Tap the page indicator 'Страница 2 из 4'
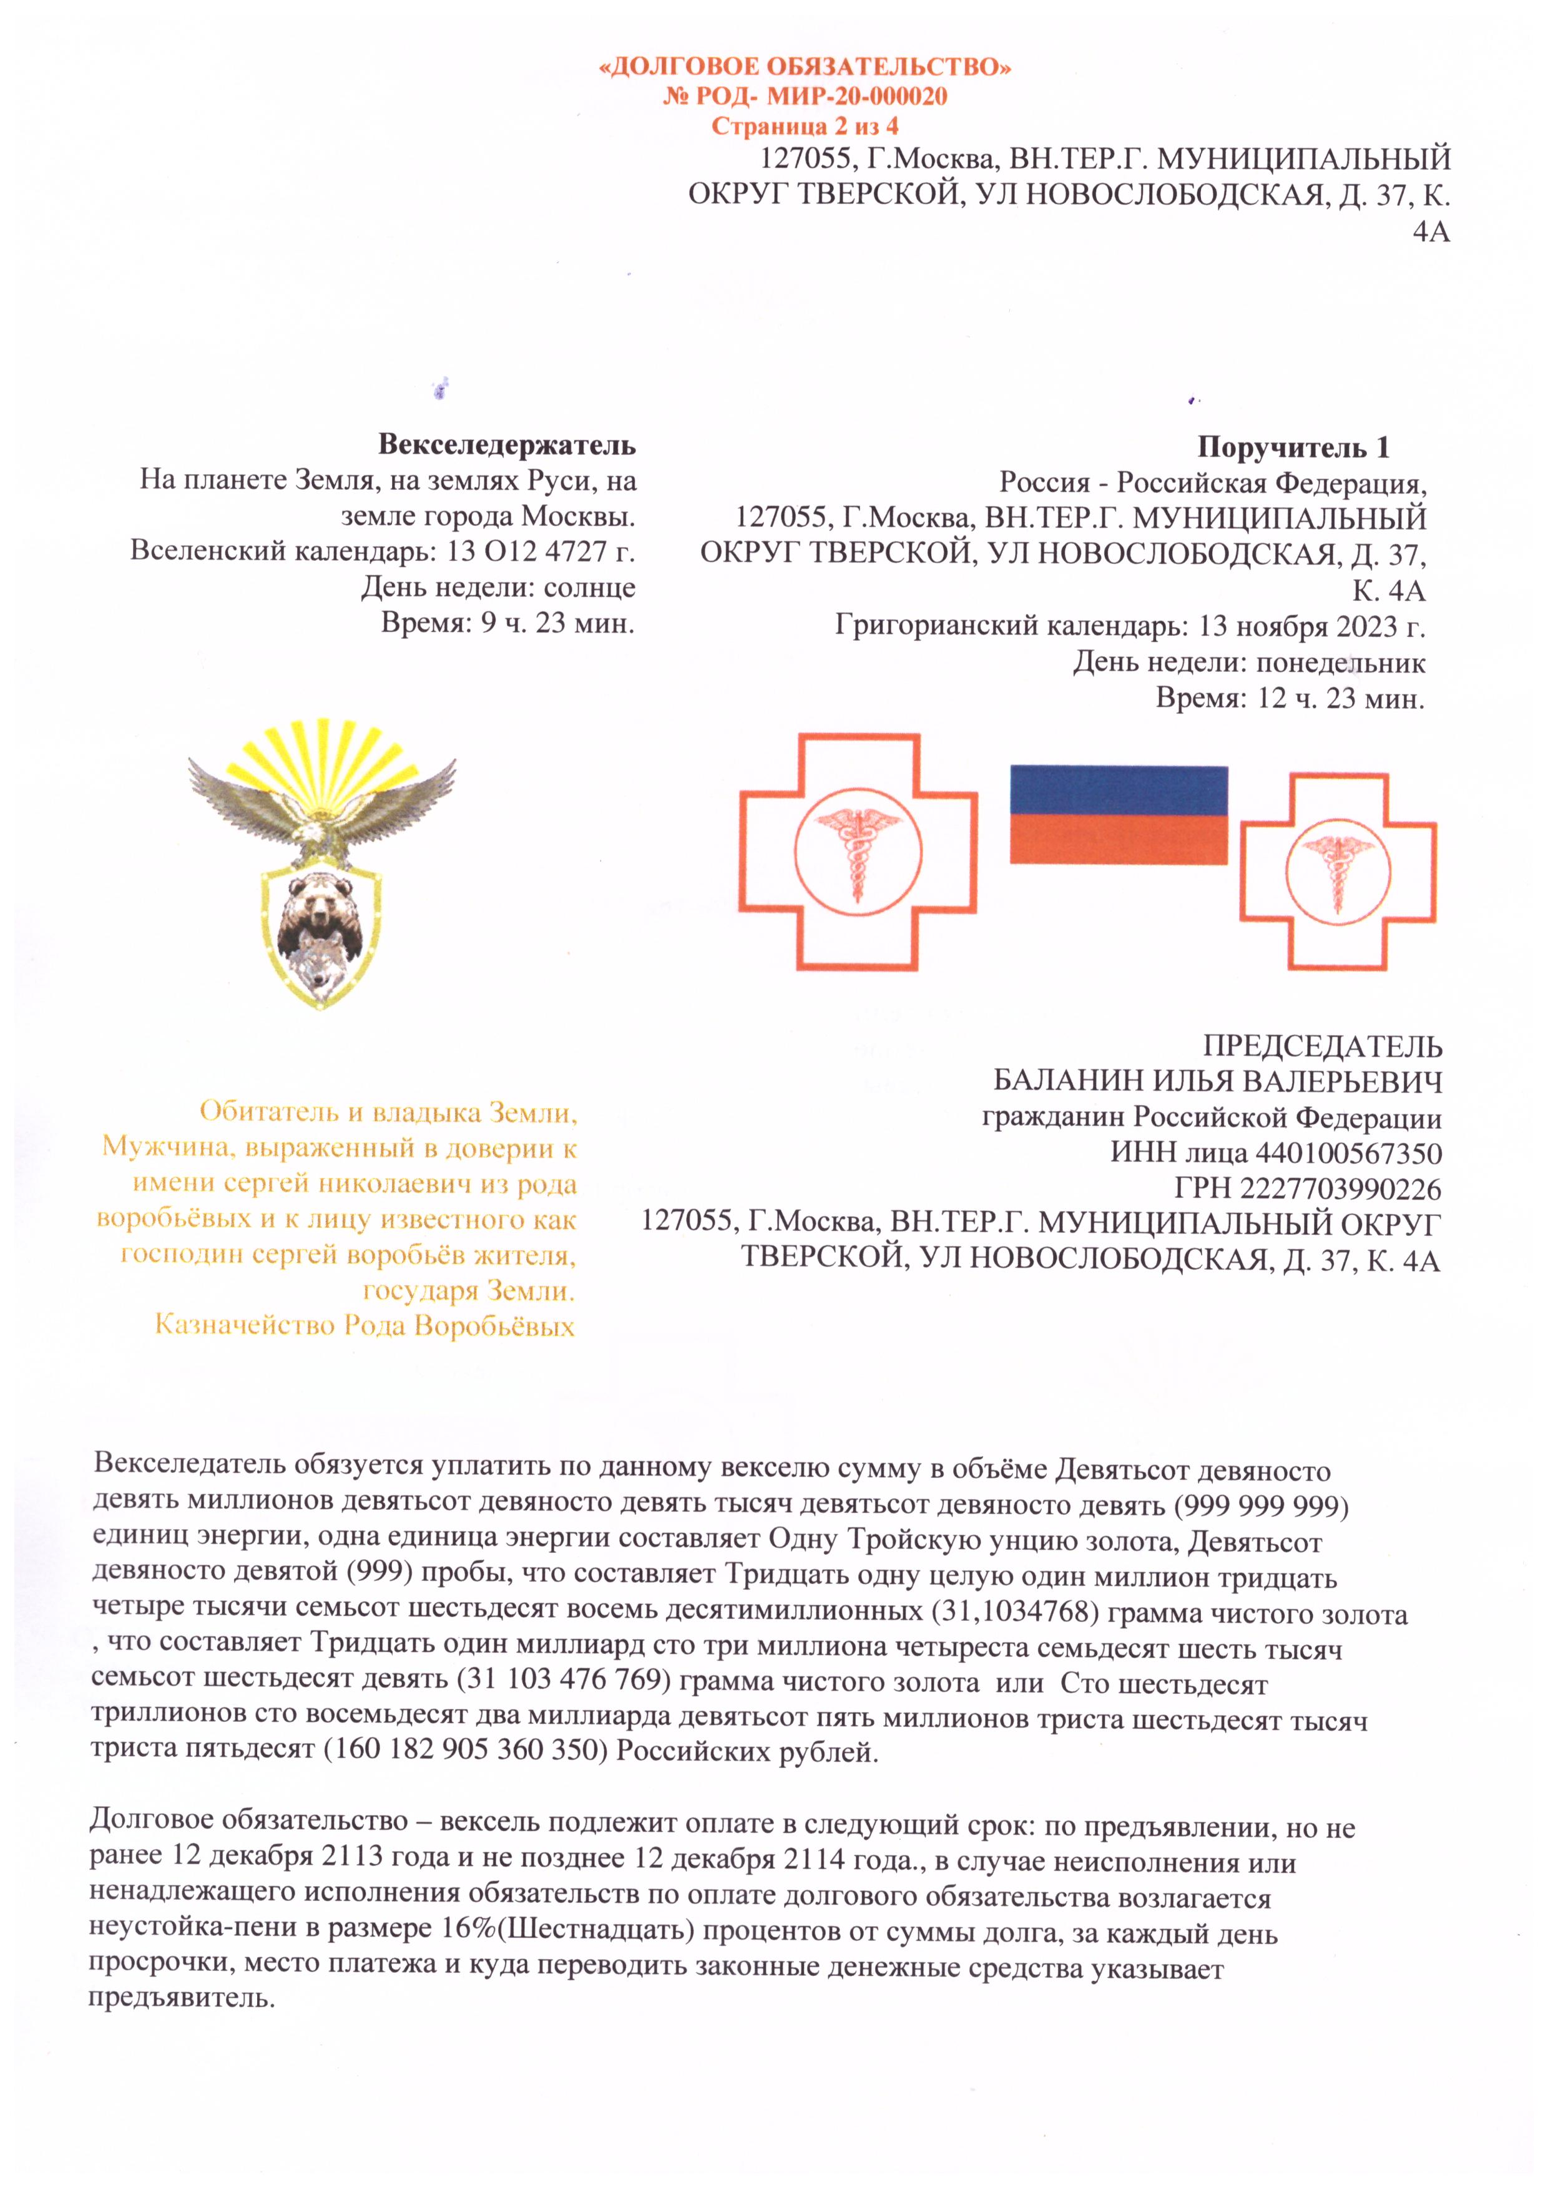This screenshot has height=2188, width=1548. tap(805, 126)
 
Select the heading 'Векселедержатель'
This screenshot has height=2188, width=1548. tap(506, 444)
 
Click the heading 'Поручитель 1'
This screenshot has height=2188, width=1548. tap(1293, 447)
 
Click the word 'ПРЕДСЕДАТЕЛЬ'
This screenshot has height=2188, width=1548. tap(1321, 1046)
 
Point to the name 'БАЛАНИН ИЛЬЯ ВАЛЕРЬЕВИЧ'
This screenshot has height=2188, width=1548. tap(1217, 1082)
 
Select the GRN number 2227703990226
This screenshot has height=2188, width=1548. tap(1340, 1189)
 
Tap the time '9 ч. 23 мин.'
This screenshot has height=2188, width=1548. tap(557, 623)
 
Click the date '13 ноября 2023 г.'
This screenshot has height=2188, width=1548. tap(1311, 626)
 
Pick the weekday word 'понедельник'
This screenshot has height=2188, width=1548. tap(1340, 663)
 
